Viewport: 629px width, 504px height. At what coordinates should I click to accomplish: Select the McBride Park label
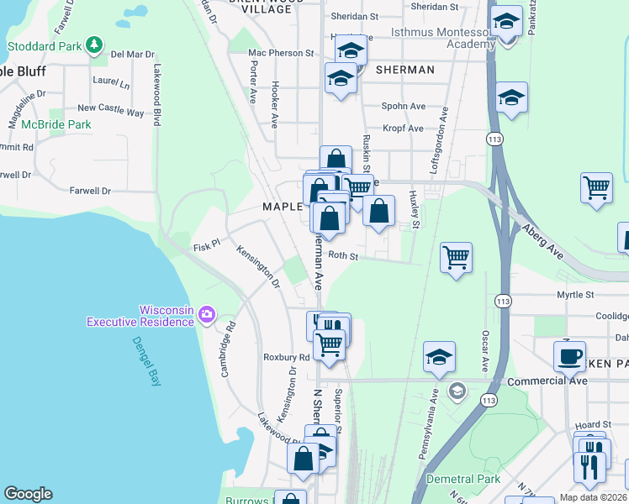[x=55, y=124]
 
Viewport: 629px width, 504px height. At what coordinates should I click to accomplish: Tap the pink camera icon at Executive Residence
[x=207, y=316]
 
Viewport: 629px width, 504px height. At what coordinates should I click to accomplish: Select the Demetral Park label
[x=462, y=479]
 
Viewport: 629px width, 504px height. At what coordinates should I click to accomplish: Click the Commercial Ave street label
[x=547, y=381]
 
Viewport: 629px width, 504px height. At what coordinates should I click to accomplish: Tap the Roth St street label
[x=343, y=255]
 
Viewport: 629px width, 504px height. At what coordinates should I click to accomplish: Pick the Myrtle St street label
[x=575, y=295]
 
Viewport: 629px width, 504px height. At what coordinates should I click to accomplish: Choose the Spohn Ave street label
[x=404, y=107]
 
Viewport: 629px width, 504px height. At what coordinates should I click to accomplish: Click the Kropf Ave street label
[x=404, y=128]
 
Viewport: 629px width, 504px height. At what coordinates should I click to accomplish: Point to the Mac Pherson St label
[x=281, y=53]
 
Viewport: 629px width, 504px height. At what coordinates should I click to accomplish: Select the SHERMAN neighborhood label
[x=405, y=70]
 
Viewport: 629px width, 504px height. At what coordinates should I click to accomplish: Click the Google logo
[x=28, y=494]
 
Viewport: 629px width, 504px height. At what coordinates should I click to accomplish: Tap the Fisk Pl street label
[x=206, y=246]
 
